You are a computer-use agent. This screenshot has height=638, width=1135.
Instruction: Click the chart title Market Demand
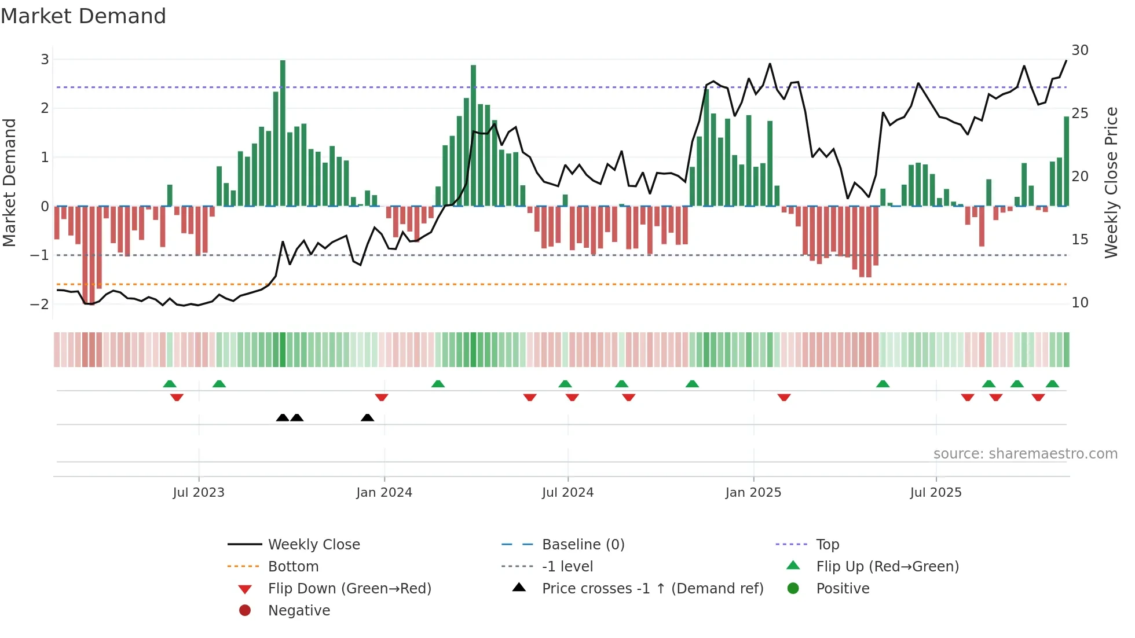(x=83, y=16)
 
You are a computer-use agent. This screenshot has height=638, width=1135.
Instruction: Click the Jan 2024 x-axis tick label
(x=384, y=493)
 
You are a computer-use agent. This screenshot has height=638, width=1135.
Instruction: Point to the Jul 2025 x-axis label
(x=935, y=493)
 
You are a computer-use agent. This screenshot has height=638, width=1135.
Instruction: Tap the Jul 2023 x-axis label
(x=199, y=493)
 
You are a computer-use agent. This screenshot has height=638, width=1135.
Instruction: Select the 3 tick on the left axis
(x=45, y=60)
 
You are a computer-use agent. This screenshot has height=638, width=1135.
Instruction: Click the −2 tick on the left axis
(x=40, y=305)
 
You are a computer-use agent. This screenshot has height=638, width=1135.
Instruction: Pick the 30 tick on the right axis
(x=1079, y=50)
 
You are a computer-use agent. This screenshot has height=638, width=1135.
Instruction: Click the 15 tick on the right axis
(x=1079, y=240)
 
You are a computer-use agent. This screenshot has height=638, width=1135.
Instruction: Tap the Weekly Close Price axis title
(x=1111, y=182)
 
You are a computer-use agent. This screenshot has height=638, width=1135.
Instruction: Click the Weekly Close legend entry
(x=313, y=545)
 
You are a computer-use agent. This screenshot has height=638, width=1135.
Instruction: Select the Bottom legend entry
(x=293, y=567)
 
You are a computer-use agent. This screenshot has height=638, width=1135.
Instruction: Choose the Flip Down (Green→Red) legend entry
(x=349, y=589)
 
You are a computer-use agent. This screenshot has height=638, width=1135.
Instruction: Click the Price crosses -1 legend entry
(x=652, y=589)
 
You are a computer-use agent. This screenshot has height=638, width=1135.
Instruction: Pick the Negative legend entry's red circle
(x=245, y=611)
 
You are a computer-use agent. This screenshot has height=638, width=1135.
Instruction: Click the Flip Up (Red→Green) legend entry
(x=887, y=567)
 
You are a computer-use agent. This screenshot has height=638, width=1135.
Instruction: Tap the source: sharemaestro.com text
(x=1025, y=454)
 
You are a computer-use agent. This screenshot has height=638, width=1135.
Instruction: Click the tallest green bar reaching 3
(x=283, y=133)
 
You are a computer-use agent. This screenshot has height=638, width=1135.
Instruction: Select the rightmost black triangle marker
(x=367, y=418)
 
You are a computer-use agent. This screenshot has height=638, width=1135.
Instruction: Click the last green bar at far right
(x=1066, y=162)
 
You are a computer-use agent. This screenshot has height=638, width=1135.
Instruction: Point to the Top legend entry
(x=827, y=545)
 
